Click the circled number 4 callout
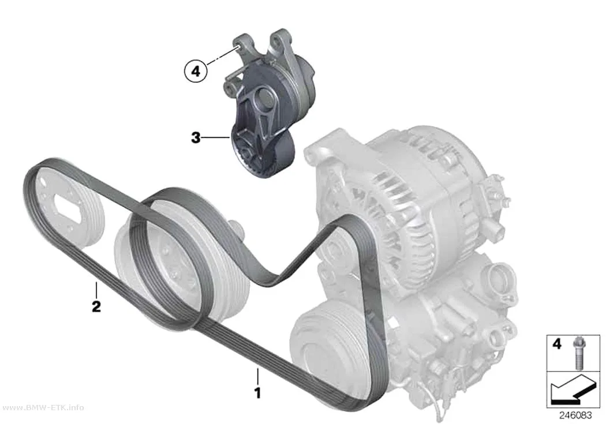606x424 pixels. coord(196,72)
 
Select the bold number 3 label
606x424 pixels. coord(196,137)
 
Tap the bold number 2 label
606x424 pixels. coord(96,306)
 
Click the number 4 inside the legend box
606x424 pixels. coord(556,343)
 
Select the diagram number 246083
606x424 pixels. coord(575,415)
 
